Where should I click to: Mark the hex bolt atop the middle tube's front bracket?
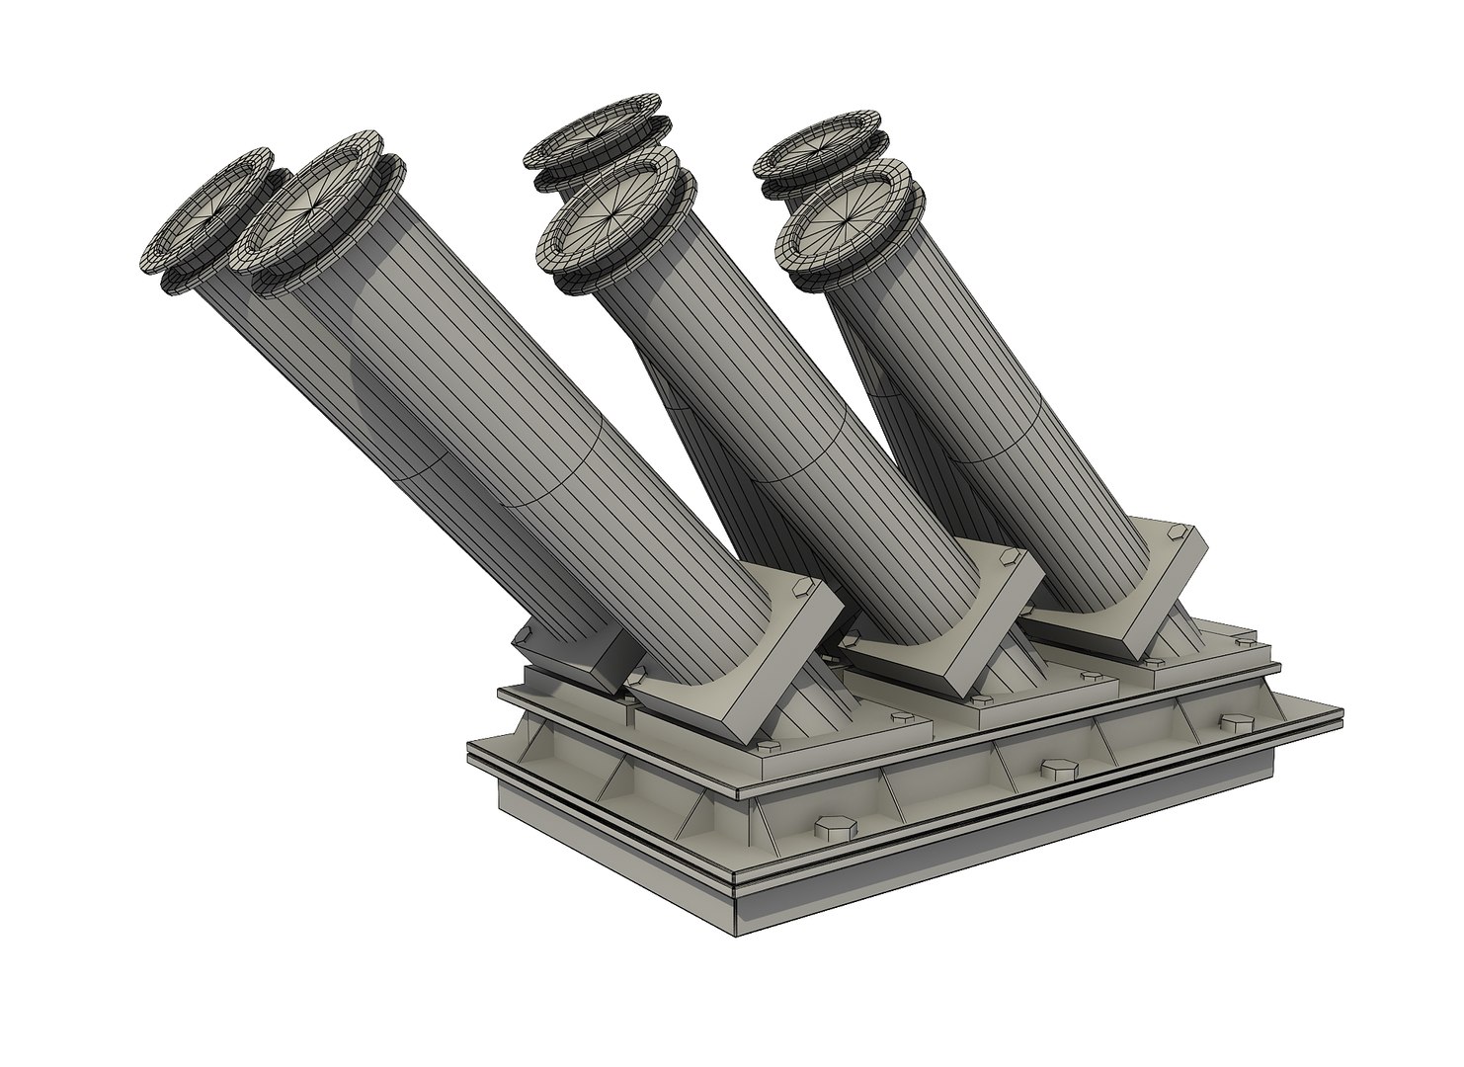click(1005, 559)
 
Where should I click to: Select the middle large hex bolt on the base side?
click(1051, 770)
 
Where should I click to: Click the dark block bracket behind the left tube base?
click(573, 657)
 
